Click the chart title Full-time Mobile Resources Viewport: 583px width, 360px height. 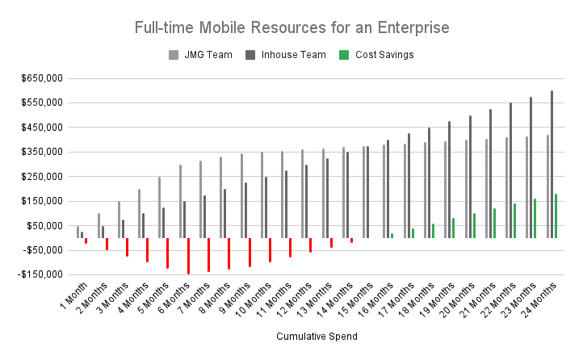pos(291,27)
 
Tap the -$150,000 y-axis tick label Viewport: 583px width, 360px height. pos(40,274)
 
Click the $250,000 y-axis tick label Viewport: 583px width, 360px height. pos(41,177)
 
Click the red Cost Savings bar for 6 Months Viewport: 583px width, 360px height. pos(188,256)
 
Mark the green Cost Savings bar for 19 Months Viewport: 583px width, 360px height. pos(453,228)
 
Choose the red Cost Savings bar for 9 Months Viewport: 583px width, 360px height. pos(250,252)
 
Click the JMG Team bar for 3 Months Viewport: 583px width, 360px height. pos(119,219)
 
